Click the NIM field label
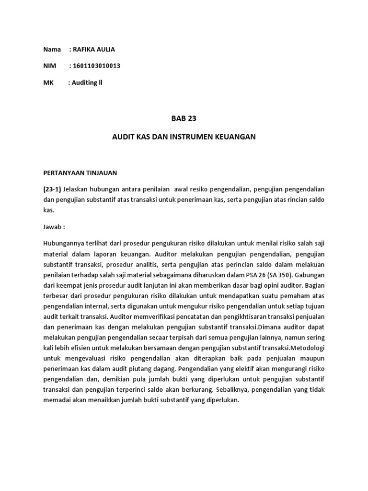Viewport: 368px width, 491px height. click(x=49, y=66)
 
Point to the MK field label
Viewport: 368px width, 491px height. click(x=48, y=82)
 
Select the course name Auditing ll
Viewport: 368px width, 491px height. click(x=87, y=82)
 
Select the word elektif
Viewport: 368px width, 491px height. click(x=248, y=369)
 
